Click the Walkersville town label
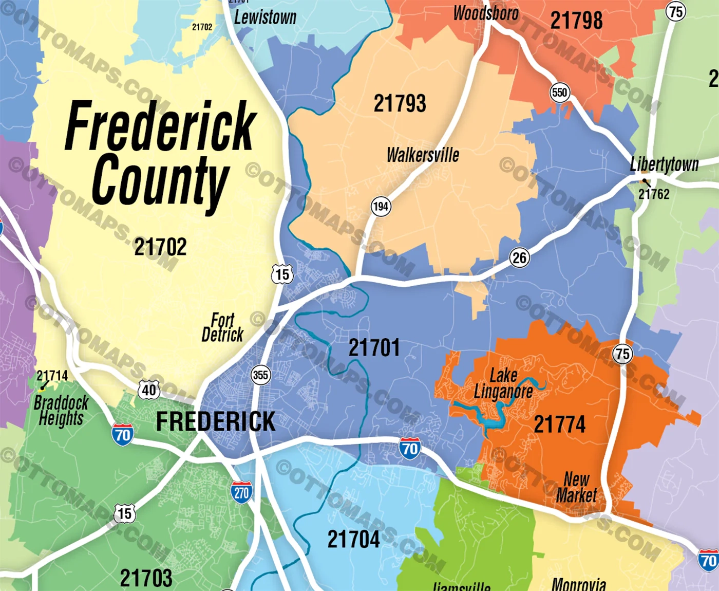coord(423,155)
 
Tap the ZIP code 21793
coord(400,103)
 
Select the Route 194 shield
coord(381,207)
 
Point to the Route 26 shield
coord(520,257)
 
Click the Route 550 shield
coord(559,93)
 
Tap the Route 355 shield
coord(260,375)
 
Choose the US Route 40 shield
coord(149,390)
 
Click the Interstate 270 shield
coord(241,493)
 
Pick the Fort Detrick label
coord(222,327)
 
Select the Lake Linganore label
coord(503,383)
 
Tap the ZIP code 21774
coord(559,424)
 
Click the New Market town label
coord(576,487)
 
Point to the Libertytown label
coord(664,164)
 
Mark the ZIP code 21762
coord(654,194)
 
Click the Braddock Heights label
coord(61,410)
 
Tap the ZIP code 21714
coord(52,376)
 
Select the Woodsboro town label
coord(485,13)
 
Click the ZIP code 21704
coord(353,540)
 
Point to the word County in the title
coord(160,181)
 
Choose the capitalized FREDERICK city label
coord(216,422)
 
